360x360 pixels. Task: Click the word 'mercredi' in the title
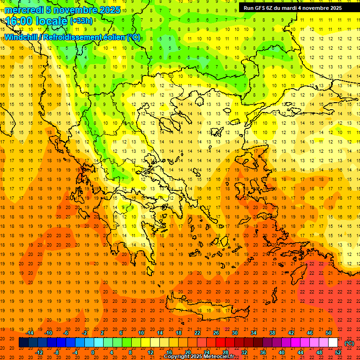pos(24,10)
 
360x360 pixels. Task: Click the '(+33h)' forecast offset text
pos(81,21)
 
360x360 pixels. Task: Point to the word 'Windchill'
pos(22,37)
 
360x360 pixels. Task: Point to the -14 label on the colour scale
pos(30,333)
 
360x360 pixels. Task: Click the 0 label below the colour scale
pos(93,352)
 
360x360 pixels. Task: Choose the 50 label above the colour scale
pos(329,333)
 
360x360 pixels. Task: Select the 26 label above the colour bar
pos(216,333)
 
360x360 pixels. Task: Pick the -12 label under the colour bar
pos(39,352)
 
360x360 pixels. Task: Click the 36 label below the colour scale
pos(262,352)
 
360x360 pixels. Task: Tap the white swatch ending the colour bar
pos(333,343)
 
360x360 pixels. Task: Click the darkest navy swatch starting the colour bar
pos(23,343)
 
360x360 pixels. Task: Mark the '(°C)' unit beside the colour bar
pos(349,343)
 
